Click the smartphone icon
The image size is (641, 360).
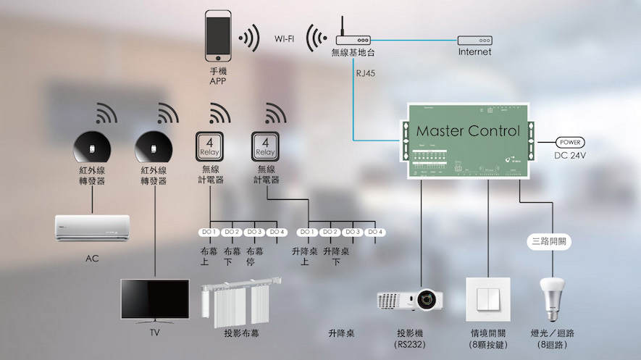coord(218,35)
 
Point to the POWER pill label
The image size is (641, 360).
coord(570,143)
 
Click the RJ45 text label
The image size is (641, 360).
coord(366,73)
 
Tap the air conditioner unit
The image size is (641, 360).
coord(92,229)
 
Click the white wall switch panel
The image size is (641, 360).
coord(487,298)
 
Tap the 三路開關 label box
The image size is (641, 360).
coord(548,242)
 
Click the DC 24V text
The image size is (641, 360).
coord(571,156)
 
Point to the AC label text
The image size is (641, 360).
coord(92,258)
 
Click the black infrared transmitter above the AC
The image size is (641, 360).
coord(92,147)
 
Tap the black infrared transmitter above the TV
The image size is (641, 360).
coord(154,147)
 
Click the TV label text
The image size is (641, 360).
coord(154,332)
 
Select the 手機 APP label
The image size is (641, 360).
coord(218,77)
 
